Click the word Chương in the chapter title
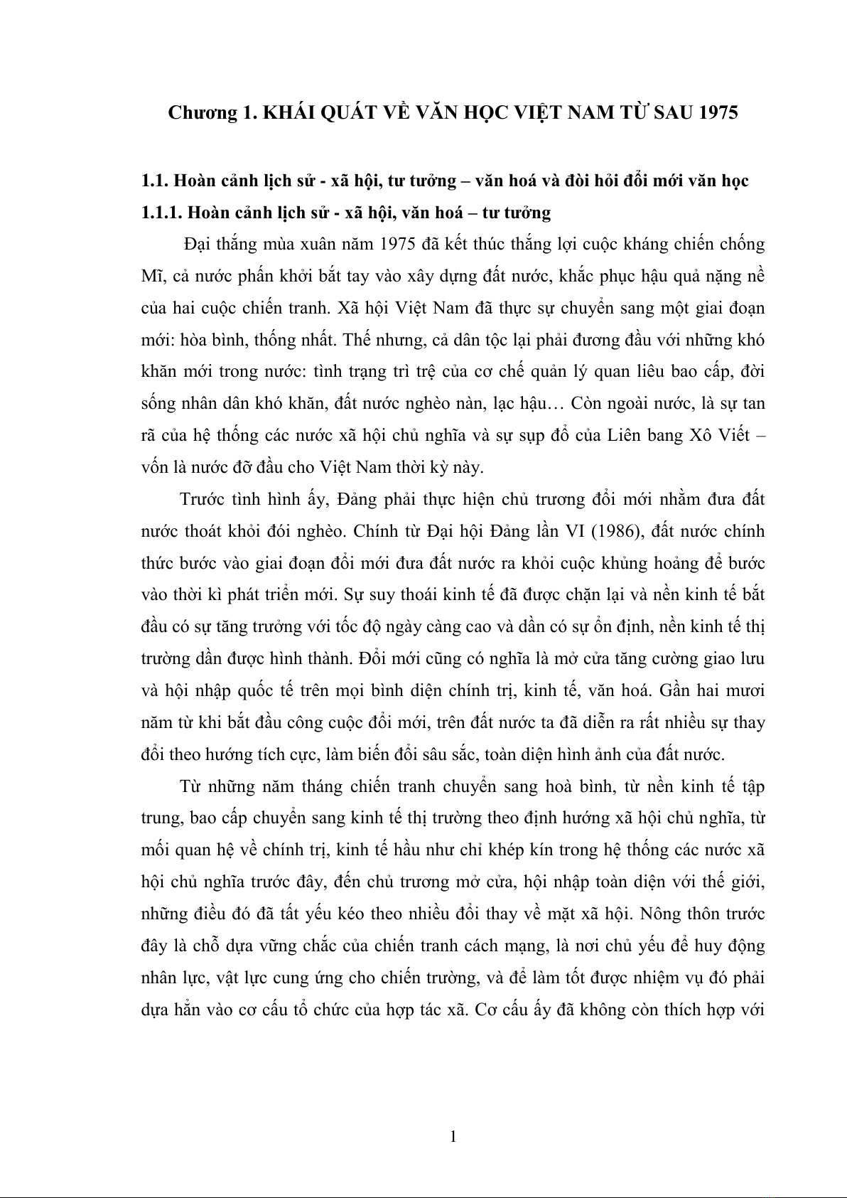click(x=197, y=113)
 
